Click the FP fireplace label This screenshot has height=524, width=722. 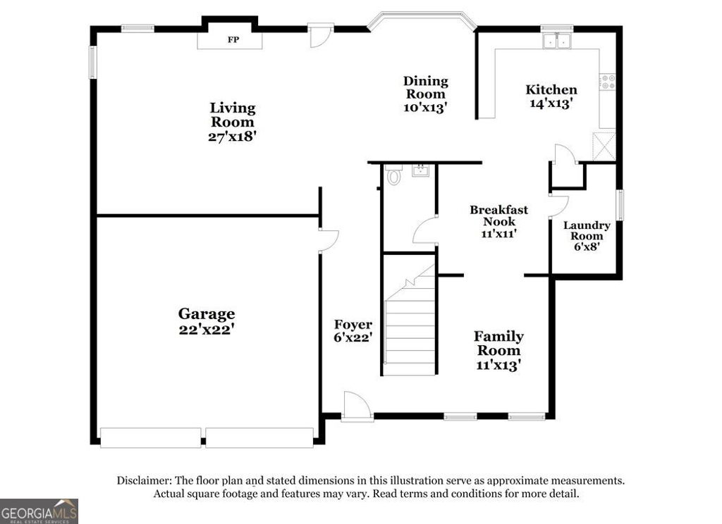tap(232, 39)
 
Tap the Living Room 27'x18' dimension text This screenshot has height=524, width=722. tap(232, 137)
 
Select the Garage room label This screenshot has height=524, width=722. tap(206, 313)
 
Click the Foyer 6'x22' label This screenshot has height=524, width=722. tap(353, 330)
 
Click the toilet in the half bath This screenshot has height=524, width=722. tap(393, 176)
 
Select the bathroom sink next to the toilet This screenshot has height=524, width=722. tap(421, 170)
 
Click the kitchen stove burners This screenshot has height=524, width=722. tap(607, 82)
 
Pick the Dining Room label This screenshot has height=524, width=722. tap(425, 87)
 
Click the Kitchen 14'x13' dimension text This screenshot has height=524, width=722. tap(551, 103)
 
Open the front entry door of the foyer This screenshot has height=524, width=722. tap(356, 407)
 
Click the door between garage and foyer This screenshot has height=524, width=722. tap(327, 240)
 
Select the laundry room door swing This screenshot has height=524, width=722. tap(559, 206)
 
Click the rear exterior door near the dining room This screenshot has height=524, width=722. tap(321, 35)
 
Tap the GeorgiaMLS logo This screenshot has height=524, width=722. tap(39, 511)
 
